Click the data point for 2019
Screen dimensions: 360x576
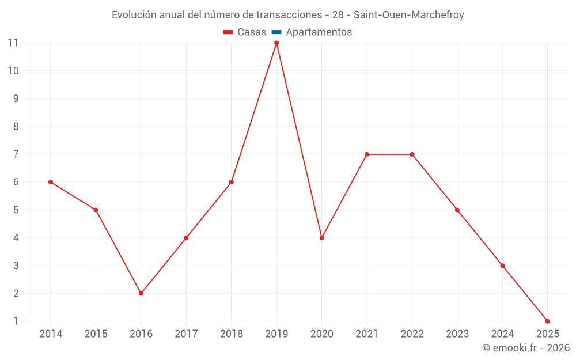pyautogui.click(x=276, y=43)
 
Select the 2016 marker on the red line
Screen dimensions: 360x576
pyautogui.click(x=141, y=293)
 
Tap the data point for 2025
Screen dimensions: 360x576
pyautogui.click(x=547, y=321)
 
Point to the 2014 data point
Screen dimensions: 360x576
pyautogui.click(x=51, y=182)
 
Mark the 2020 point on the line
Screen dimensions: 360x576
pyautogui.click(x=321, y=238)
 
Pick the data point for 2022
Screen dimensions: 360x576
pyautogui.click(x=412, y=154)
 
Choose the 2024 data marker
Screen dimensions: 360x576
pyautogui.click(x=502, y=266)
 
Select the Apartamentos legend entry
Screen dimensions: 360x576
pyautogui.click(x=319, y=32)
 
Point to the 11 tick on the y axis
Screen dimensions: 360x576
pyautogui.click(x=13, y=43)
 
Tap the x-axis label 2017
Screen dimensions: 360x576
pyautogui.click(x=186, y=334)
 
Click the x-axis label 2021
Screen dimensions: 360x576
pyautogui.click(x=367, y=334)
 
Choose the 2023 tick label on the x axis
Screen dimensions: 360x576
pyautogui.click(x=457, y=334)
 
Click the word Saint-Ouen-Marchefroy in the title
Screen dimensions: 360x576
pyautogui.click(x=408, y=15)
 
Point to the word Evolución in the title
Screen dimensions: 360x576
pyautogui.click(x=134, y=15)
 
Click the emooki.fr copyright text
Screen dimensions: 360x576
pyautogui.click(x=526, y=348)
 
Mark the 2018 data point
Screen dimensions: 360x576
pyautogui.click(x=232, y=182)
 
